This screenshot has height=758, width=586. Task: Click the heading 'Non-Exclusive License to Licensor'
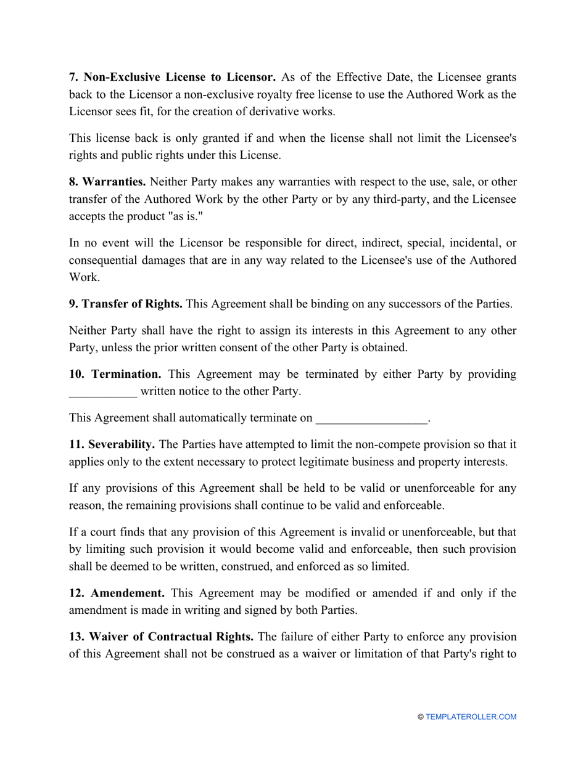[x=172, y=77]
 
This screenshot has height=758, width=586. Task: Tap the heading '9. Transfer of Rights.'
[x=126, y=304]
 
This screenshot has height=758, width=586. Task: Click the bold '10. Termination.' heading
[x=115, y=374]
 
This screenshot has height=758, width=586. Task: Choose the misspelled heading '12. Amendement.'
[x=117, y=593]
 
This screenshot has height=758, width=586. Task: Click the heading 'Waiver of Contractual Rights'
[x=162, y=635]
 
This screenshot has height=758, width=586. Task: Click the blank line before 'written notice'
[x=103, y=391]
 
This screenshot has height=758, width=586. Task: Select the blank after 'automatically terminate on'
[x=371, y=418]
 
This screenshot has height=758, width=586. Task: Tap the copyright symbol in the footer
[x=421, y=717]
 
